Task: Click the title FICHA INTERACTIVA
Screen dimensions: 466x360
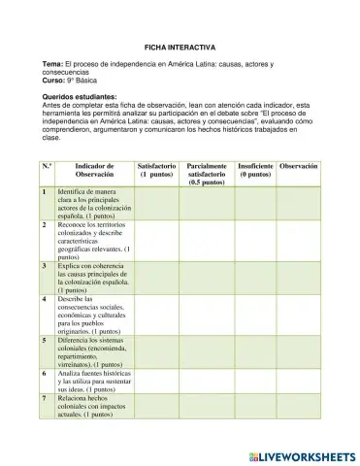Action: (180, 46)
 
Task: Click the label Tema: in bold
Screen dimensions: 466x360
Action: (54, 64)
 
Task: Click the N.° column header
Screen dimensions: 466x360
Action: (47, 167)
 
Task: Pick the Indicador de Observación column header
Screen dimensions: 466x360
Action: (93, 171)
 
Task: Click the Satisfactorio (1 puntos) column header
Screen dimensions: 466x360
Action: (157, 171)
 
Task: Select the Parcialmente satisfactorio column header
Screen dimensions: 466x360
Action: (207, 174)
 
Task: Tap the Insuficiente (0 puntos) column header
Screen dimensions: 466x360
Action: (255, 171)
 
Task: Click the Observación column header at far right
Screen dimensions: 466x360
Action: (298, 167)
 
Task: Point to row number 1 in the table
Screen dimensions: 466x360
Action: (46, 192)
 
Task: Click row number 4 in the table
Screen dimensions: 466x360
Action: (46, 299)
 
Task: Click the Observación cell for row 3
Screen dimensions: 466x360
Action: (298, 277)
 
